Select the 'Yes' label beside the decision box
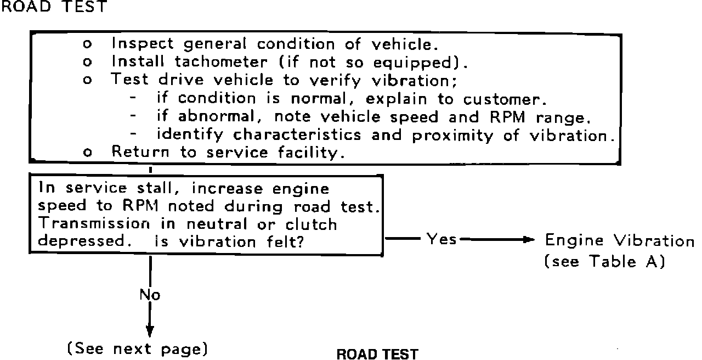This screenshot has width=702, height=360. [x=441, y=239]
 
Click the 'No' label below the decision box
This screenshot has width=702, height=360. [x=149, y=295]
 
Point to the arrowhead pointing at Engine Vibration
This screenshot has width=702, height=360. [x=528, y=240]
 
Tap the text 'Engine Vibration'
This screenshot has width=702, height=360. [x=619, y=240]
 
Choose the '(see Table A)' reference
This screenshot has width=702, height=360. [x=604, y=262]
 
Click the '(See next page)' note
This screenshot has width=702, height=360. [x=137, y=349]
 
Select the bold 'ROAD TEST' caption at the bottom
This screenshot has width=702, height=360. [x=377, y=354]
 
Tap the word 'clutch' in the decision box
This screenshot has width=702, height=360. [x=312, y=224]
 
